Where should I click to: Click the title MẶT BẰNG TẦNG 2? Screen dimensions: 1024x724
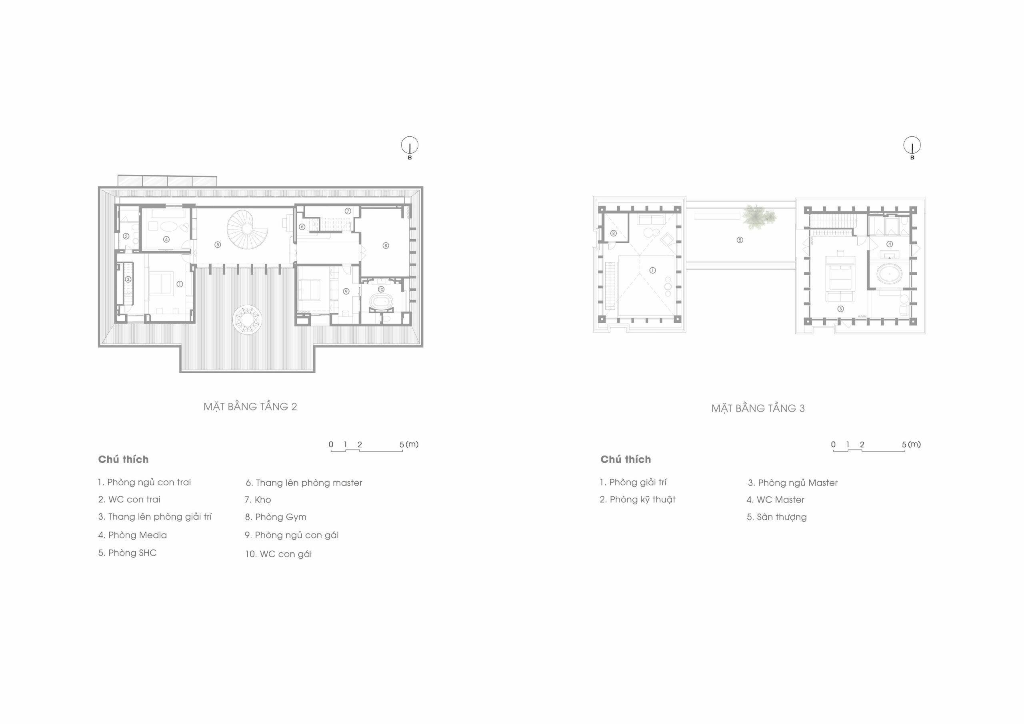pos(250,406)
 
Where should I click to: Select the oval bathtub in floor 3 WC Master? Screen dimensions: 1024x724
pos(890,274)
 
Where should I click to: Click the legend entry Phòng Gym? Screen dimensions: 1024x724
pos(276,517)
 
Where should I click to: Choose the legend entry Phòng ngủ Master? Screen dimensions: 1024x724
pos(793,483)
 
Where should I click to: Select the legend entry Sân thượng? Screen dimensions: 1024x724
pos(777,518)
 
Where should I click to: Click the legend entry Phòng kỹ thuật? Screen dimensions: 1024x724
pos(638,500)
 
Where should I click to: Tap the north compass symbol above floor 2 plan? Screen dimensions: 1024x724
pos(410,146)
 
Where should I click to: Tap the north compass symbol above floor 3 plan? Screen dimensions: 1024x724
pos(912,146)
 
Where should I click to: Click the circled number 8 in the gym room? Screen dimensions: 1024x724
pos(386,245)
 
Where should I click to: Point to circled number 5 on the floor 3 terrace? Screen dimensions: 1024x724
pos(740,240)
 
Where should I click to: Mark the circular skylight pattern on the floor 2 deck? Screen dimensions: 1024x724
pos(247,319)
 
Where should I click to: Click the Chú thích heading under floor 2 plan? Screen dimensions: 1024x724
pos(124,460)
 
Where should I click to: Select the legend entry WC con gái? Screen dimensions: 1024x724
pos(278,554)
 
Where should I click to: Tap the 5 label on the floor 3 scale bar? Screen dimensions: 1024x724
pos(904,444)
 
